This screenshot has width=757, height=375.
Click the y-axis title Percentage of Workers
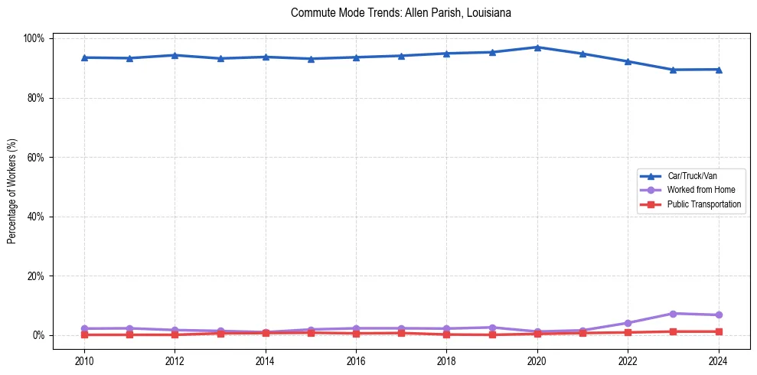[x=11, y=187]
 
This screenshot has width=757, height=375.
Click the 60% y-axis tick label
[x=37, y=158]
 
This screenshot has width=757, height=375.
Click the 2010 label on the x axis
[x=84, y=360]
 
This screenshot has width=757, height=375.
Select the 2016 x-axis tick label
[x=356, y=360]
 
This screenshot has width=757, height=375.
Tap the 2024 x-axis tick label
[x=718, y=360]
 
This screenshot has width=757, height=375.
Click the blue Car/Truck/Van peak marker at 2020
[x=537, y=47]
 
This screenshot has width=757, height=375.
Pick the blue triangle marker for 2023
[x=673, y=70]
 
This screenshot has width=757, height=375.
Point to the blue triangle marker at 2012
[x=175, y=55]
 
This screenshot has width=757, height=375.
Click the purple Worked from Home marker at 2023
[x=673, y=314]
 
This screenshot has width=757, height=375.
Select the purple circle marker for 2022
[x=628, y=323]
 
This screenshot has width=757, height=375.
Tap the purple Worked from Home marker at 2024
[x=718, y=315]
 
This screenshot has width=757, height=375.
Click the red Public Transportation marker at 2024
[x=718, y=331]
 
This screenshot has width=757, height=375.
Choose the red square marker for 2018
[x=446, y=334]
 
